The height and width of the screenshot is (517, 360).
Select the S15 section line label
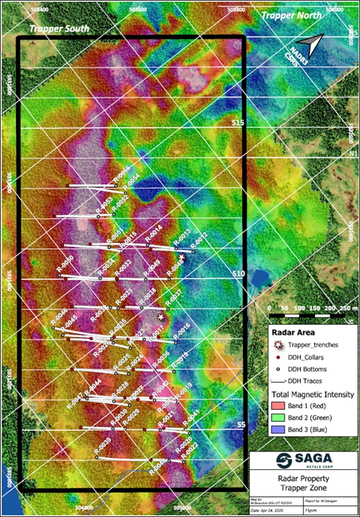pos(238,123)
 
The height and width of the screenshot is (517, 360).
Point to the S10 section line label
pos(238,274)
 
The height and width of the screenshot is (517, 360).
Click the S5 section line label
pos(241,424)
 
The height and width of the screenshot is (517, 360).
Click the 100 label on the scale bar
pos(299,308)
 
